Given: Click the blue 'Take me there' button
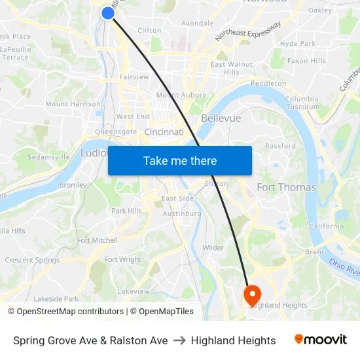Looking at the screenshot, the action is [x=180, y=160].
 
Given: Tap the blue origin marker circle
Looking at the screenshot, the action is [x=108, y=12].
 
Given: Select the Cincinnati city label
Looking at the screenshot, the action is [x=164, y=132].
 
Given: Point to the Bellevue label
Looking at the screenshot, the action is [x=221, y=118].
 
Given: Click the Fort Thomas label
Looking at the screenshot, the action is [x=286, y=187].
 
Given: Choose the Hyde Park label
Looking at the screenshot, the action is [x=298, y=43].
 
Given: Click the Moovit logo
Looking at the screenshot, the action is [x=321, y=340].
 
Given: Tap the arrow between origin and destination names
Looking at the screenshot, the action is [x=179, y=340].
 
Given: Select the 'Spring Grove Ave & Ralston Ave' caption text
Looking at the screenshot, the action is [x=90, y=340].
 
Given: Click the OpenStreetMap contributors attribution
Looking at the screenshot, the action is [x=65, y=312].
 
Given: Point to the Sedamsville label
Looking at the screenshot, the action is [x=49, y=157].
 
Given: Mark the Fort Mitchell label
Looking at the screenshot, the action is [x=98, y=240].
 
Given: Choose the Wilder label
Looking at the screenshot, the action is [x=213, y=247].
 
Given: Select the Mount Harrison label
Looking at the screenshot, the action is [x=73, y=104].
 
